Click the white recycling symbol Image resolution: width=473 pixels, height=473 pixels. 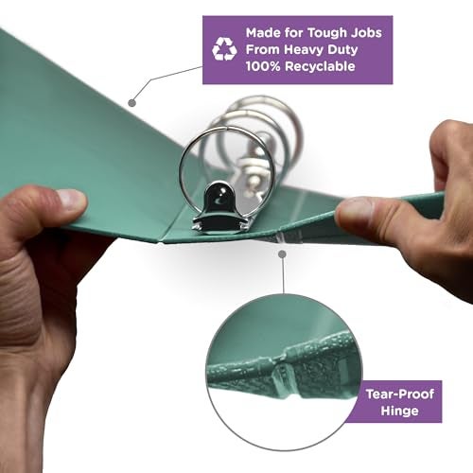pos(224,49)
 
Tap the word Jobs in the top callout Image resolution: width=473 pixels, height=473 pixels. pos(366,32)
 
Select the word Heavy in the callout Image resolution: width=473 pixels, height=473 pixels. pos(304,50)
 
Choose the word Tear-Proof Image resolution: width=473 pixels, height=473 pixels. pos(400,394)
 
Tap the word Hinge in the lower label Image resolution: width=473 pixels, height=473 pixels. pos(399,412)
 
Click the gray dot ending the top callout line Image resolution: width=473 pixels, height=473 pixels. pos(132,103)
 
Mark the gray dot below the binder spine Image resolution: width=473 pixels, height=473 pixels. pos(283,254)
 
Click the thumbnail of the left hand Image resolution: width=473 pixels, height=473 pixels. pos(72,199)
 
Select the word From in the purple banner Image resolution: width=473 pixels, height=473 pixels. pos(263,49)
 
